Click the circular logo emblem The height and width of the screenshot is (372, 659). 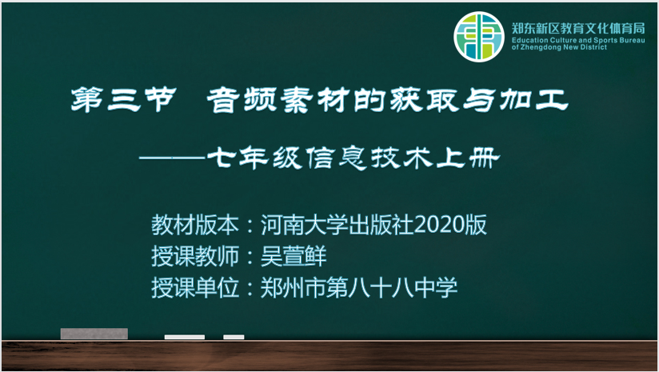click(x=479, y=37)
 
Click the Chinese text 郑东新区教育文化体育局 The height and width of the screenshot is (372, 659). click(x=578, y=29)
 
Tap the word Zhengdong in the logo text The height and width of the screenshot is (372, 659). click(x=541, y=47)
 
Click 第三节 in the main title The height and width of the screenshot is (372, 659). click(x=123, y=100)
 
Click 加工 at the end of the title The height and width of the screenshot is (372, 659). click(x=533, y=100)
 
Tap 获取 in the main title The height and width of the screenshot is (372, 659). click(x=425, y=100)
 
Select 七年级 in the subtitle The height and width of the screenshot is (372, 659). click(x=254, y=158)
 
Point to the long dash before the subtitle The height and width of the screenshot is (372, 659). click(x=173, y=158)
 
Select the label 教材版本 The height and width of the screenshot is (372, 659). click(x=195, y=224)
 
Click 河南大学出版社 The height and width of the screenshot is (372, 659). click(x=337, y=224)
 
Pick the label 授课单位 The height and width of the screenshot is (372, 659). click(x=195, y=287)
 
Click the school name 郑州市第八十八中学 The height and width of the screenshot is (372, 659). click(x=359, y=287)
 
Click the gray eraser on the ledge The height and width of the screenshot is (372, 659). click(x=94, y=334)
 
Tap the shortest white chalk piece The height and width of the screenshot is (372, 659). click(x=234, y=337)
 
